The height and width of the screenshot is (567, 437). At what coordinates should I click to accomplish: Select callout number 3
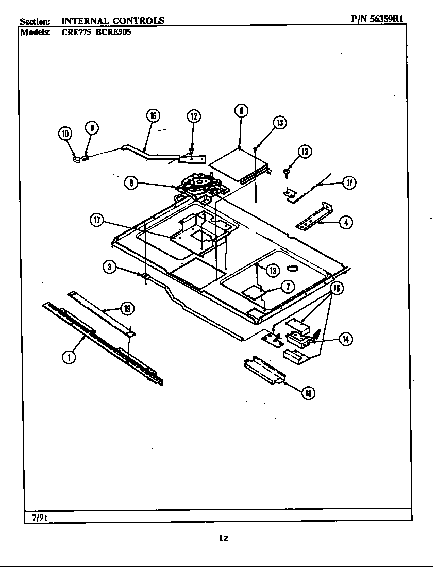[109, 266]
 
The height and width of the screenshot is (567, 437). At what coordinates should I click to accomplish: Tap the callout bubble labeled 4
[346, 223]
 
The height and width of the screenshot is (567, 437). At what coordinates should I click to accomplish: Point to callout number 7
[288, 287]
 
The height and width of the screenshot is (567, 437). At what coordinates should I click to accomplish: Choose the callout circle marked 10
[65, 134]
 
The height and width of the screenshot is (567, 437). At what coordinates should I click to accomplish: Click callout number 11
[349, 183]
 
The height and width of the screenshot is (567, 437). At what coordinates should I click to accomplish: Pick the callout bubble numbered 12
[193, 116]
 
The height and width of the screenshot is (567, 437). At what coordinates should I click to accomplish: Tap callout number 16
[153, 115]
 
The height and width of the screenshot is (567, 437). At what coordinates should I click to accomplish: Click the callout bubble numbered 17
[96, 221]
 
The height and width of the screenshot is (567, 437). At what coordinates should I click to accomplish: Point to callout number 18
[308, 393]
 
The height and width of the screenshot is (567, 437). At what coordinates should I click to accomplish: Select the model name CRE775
[76, 31]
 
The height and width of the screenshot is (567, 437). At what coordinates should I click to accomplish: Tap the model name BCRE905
[110, 31]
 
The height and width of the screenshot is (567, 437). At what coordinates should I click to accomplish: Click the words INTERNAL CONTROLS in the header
[113, 21]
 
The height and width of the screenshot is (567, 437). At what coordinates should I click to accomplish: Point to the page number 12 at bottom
[223, 538]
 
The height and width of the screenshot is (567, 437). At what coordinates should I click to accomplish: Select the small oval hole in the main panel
[293, 268]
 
